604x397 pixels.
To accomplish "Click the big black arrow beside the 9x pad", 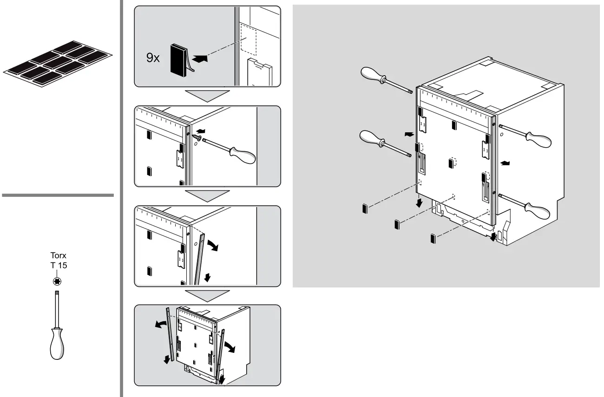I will tap(198, 59).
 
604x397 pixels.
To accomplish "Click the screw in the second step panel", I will tap(198, 137).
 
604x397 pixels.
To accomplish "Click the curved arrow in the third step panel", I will tap(215, 244).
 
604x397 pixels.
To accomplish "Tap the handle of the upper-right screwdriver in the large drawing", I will tap(538, 139).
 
